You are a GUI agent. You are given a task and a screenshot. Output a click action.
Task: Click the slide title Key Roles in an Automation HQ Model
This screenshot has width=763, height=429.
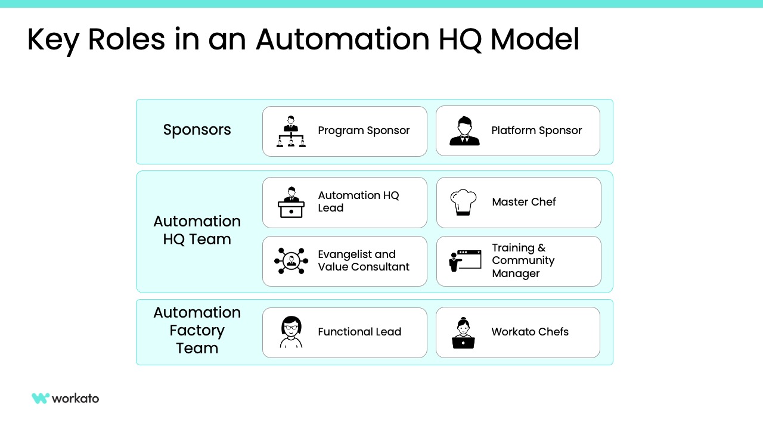tap(303, 40)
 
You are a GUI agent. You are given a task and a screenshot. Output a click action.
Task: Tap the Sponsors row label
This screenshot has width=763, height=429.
tap(197, 130)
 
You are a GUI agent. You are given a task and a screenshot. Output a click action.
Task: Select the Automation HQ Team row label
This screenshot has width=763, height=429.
tap(197, 231)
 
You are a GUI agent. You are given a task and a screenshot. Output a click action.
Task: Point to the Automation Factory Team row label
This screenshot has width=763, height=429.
tap(197, 331)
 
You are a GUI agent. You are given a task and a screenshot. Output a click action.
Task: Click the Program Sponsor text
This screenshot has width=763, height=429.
tap(364, 130)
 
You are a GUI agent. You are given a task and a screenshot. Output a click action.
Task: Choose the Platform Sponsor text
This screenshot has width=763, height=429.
tap(536, 130)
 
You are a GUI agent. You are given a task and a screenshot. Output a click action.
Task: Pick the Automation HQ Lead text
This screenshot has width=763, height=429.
tap(358, 202)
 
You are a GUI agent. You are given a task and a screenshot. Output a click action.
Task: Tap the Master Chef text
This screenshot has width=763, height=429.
tap(523, 202)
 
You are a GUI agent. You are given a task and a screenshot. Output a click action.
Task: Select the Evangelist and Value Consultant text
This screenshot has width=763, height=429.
tap(364, 261)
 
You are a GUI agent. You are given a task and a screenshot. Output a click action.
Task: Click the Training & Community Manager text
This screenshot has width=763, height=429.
tap(523, 261)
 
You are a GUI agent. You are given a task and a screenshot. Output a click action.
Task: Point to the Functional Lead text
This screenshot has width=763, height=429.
tap(359, 332)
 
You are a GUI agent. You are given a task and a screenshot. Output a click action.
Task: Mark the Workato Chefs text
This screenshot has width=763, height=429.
tap(530, 332)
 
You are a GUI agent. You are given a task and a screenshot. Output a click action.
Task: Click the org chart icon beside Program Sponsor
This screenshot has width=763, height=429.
tap(291, 131)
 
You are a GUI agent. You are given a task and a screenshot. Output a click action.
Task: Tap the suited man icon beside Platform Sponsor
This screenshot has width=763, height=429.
tap(464, 131)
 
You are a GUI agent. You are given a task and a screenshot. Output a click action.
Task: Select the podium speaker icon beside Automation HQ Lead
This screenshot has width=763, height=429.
tap(291, 203)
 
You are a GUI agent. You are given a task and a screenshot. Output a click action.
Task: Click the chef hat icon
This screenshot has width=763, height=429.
tap(463, 202)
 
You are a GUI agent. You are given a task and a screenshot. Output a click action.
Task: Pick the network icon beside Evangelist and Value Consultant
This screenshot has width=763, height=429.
tap(291, 261)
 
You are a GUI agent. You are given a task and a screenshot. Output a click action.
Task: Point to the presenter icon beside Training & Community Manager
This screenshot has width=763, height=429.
tap(464, 261)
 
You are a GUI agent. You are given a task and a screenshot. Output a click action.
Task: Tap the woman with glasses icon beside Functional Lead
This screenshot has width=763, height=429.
tap(291, 332)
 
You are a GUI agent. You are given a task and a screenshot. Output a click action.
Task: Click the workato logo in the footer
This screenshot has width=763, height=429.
tap(66, 399)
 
